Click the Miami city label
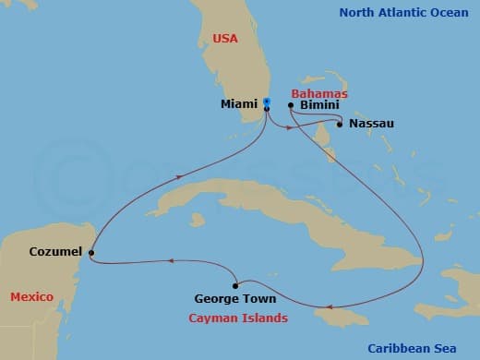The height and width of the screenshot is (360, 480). (x=239, y=104)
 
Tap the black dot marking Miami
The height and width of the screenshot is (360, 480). (x=266, y=109)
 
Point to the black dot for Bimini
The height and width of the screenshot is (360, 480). (x=291, y=106)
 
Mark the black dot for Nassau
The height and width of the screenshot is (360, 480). (x=340, y=124)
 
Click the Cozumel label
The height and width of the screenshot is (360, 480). (x=54, y=251)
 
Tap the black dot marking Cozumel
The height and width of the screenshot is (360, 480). (x=90, y=251)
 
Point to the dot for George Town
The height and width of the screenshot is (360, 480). (x=237, y=283)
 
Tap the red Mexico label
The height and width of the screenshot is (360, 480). (x=31, y=296)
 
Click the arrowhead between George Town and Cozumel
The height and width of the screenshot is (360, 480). (x=170, y=262)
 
